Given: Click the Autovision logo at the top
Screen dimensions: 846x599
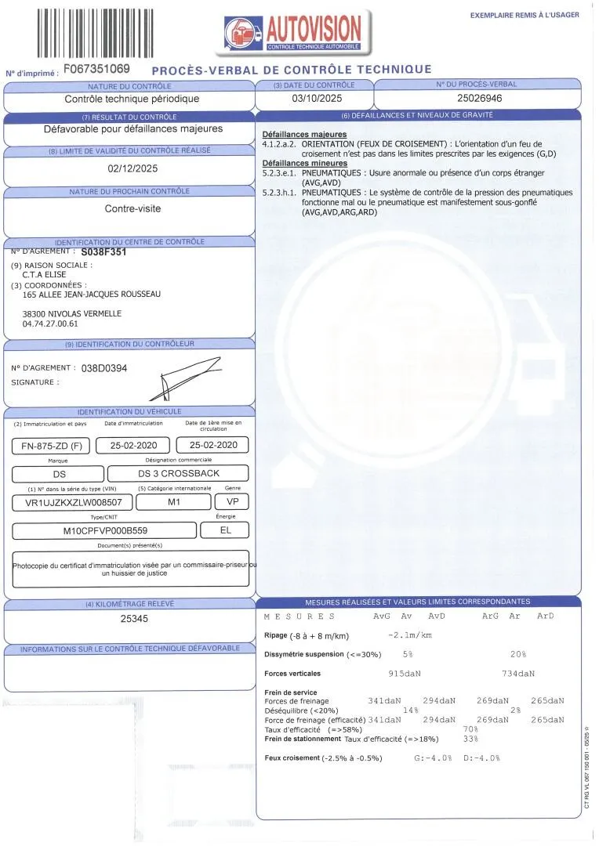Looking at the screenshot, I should pyautogui.click(x=293, y=32).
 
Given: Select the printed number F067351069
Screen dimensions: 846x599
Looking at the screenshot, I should pyautogui.click(x=96, y=69).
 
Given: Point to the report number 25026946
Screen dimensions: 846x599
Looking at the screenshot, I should pyautogui.click(x=478, y=99).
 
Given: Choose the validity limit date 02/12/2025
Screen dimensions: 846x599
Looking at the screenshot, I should pyautogui.click(x=132, y=168).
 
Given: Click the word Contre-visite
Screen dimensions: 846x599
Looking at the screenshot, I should pyautogui.click(x=132, y=209).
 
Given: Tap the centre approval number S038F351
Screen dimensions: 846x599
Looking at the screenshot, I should pyautogui.click(x=103, y=253).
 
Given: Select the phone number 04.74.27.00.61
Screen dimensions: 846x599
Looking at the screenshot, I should pyautogui.click(x=51, y=323).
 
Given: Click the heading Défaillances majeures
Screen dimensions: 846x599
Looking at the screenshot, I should pyautogui.click(x=304, y=135).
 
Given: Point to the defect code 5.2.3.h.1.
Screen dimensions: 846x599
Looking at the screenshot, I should pyautogui.click(x=280, y=192).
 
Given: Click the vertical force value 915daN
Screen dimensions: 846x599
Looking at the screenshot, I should pyautogui.click(x=405, y=673).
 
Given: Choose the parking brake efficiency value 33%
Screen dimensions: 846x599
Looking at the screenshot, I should pyautogui.click(x=470, y=739).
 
